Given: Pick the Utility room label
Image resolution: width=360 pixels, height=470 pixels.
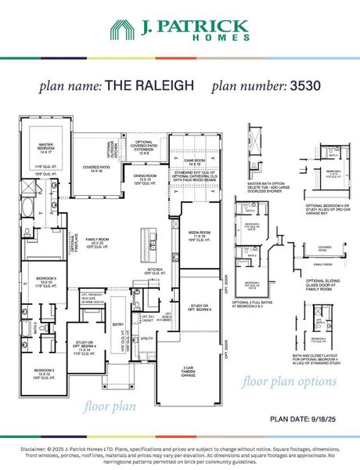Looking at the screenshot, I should [x=146, y=338].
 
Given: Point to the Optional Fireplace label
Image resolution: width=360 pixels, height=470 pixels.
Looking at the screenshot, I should [x=72, y=244].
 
